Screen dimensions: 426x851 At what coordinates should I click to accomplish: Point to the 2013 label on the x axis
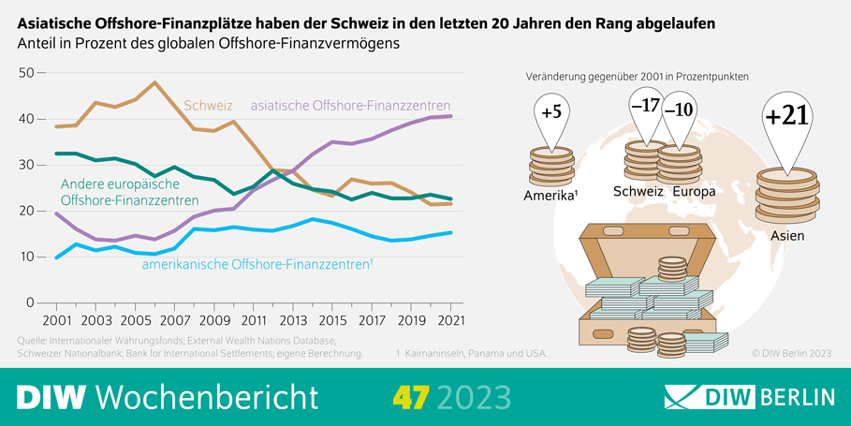(293, 319)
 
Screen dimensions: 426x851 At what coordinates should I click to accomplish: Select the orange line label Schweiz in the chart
(209, 106)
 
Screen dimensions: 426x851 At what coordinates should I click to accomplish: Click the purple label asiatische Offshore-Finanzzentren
(351, 106)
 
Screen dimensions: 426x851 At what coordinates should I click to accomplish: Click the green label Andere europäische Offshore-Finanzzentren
(129, 192)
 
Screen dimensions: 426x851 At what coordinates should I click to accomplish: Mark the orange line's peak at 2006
(154, 82)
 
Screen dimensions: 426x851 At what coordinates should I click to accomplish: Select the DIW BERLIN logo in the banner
(749, 396)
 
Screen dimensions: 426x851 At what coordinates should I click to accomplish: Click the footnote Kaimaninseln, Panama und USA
(472, 353)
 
